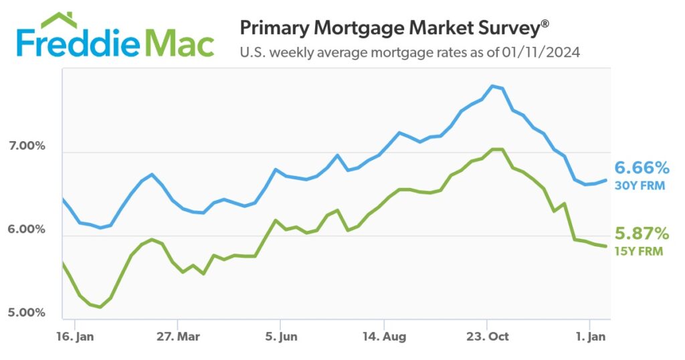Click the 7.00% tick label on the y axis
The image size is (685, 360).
[25, 146]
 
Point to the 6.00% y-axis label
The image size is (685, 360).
[25, 230]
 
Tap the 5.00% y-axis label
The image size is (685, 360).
[25, 313]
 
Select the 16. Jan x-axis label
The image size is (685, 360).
[76, 336]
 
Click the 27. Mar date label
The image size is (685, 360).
[177, 336]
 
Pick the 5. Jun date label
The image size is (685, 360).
[281, 336]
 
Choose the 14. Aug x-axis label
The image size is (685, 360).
[383, 336]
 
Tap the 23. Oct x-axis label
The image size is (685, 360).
[487, 336]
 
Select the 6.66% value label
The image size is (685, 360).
[642, 167]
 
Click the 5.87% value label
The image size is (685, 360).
[642, 234]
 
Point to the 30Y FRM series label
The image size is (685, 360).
[640, 185]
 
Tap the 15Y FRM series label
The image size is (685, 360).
[640, 252]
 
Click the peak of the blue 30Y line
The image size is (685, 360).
[493, 86]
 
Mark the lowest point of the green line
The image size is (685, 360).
[100, 307]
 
